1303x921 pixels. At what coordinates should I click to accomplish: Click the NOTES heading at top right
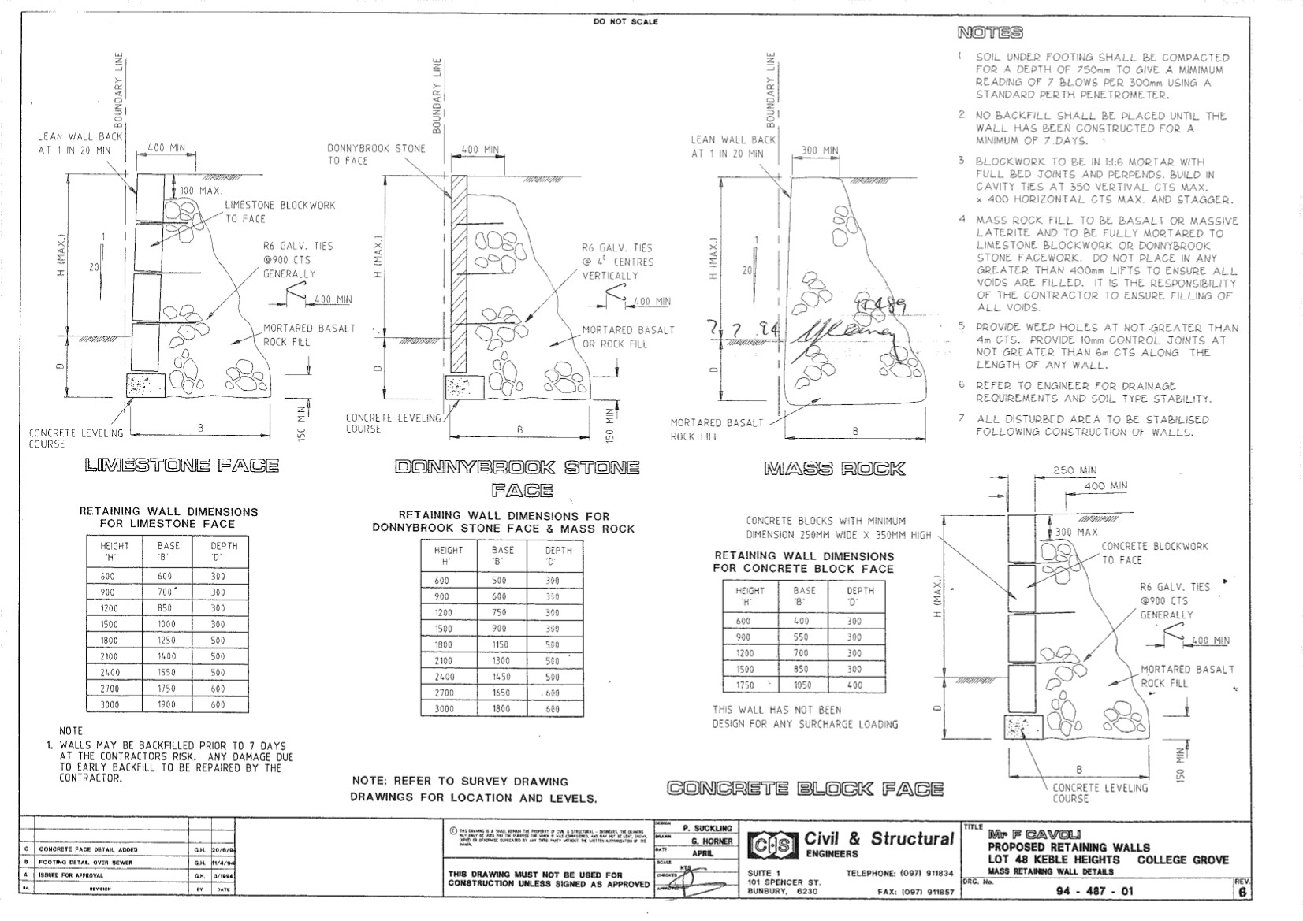pos(990,32)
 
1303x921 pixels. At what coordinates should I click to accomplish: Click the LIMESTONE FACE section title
pos(181,465)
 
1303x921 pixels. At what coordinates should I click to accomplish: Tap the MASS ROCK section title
pos(834,470)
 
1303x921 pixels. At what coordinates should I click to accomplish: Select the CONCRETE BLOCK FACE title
pos(805,788)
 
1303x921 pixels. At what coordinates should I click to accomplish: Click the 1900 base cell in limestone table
pos(166,704)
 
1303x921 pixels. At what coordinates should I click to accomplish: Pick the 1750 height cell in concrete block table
pos(744,685)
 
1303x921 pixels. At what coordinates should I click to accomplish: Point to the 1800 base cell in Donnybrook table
pos(501,709)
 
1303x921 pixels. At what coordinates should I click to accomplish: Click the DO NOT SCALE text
pos(625,22)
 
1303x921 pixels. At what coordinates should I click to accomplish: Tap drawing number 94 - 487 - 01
pos(1099,892)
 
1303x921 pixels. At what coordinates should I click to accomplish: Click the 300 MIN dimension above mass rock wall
pos(820,150)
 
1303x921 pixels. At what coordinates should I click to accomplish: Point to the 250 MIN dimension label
pos(1074,470)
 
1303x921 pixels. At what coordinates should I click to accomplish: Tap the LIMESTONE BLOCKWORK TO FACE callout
pos(280,211)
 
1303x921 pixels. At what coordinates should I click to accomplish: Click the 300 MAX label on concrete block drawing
pos(1076,532)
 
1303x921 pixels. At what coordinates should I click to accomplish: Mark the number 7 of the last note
pos(962,418)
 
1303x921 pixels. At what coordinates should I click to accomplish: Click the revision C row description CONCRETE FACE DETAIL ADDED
pos(88,849)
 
